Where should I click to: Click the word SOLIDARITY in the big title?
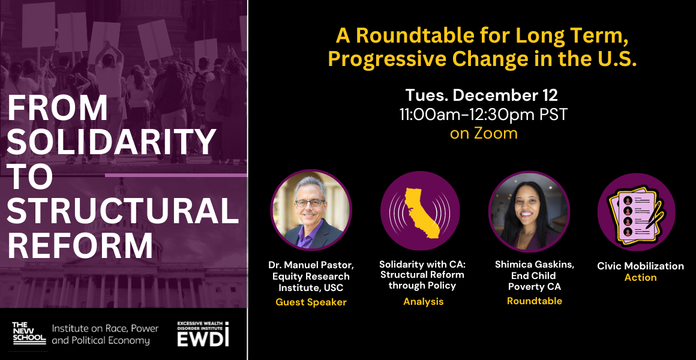tap(112, 142)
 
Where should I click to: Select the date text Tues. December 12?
tap(482, 95)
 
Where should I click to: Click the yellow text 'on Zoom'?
tap(484, 133)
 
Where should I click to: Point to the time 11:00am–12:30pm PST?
tap(484, 115)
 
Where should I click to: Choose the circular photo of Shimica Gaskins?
tap(529, 211)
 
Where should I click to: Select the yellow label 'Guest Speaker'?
tap(311, 302)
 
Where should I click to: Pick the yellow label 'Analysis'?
tap(423, 302)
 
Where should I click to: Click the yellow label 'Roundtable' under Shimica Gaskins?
tap(535, 301)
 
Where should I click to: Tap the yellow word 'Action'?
tap(641, 277)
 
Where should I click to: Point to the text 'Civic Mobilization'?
tap(641, 266)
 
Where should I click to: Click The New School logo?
tap(29, 333)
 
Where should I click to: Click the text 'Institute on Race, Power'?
tap(105, 329)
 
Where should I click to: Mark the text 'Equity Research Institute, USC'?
tap(311, 282)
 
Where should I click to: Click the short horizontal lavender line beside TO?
tap(176, 175)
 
